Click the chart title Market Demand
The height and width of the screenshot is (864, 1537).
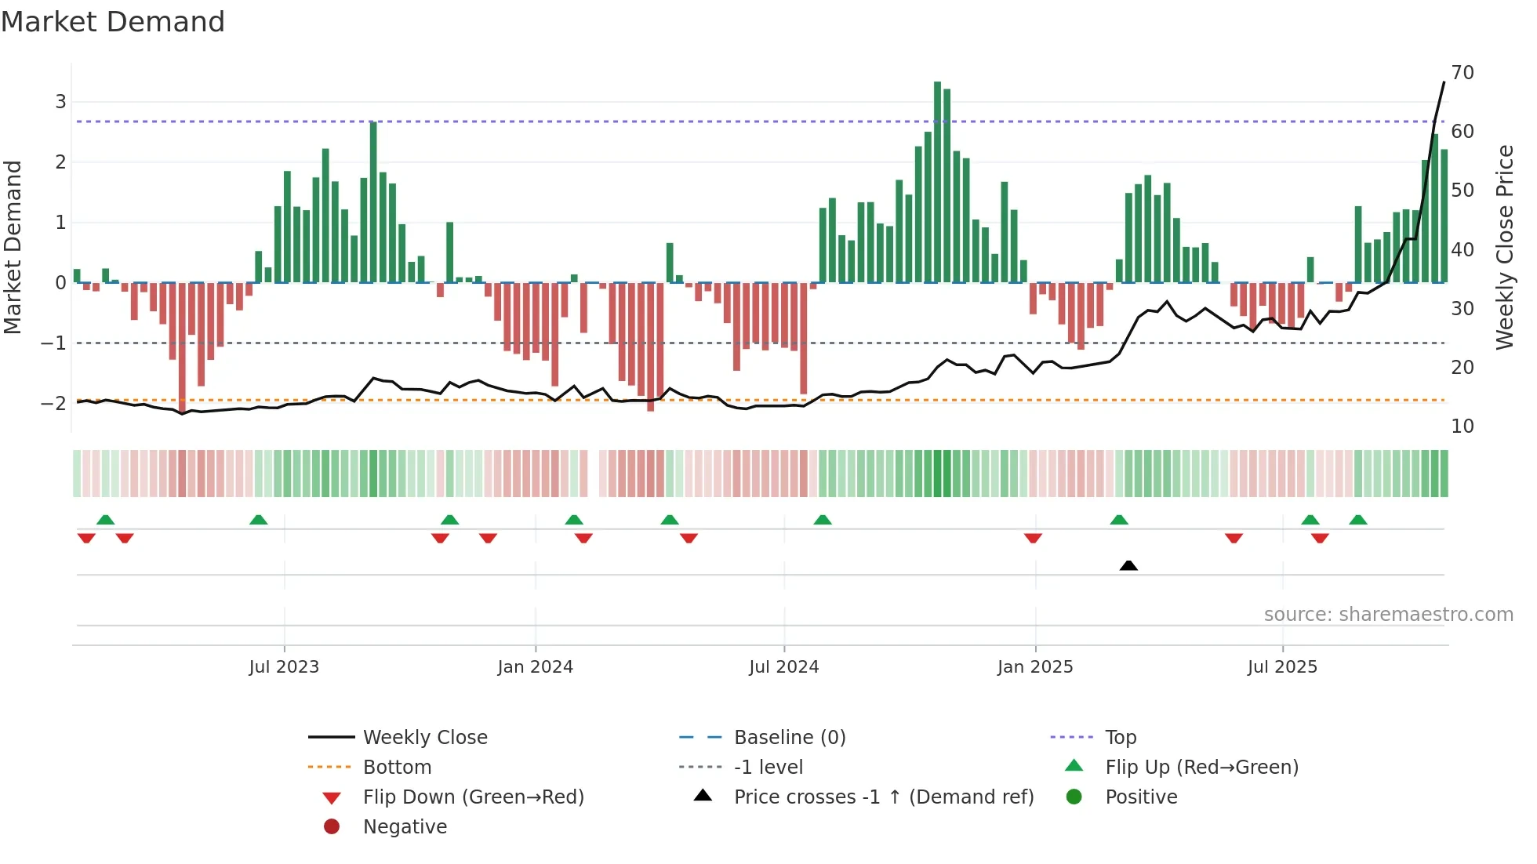click(113, 22)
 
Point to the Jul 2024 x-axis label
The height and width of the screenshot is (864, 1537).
click(783, 667)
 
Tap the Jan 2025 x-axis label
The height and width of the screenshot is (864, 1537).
click(1034, 667)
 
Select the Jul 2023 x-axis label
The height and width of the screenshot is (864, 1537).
click(284, 667)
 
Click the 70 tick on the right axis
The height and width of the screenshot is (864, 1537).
click(1463, 73)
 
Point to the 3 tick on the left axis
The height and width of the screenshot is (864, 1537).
click(60, 102)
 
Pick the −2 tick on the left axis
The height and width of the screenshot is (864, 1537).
click(54, 404)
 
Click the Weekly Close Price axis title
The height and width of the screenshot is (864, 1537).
click(1504, 247)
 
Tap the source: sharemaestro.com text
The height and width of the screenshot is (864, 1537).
click(1388, 615)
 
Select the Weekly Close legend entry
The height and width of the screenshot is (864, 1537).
click(424, 738)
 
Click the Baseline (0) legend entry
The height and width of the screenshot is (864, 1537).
click(789, 738)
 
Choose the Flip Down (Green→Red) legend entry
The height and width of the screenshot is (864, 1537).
click(473, 797)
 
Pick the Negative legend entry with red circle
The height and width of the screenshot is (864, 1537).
click(405, 827)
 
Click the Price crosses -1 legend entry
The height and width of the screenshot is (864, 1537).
click(883, 797)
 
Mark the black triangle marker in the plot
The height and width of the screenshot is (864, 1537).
click(1128, 565)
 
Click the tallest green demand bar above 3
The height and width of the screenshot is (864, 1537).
click(937, 180)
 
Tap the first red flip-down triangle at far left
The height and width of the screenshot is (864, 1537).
click(86, 538)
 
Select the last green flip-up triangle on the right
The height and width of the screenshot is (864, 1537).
click(1358, 520)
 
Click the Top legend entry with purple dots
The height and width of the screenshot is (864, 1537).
click(1121, 738)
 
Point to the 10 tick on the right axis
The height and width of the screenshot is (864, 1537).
click(1463, 427)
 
